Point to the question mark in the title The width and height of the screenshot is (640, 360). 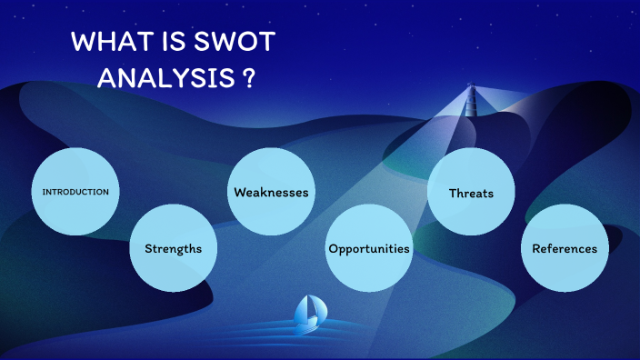click(x=248, y=77)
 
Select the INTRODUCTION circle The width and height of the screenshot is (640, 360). click(x=75, y=191)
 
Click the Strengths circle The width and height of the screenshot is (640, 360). click(x=173, y=247)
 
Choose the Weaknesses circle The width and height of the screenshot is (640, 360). click(x=271, y=191)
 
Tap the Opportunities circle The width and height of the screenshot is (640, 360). click(x=368, y=247)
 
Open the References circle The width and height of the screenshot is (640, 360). click(x=565, y=247)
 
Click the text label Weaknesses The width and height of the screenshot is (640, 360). click(x=271, y=193)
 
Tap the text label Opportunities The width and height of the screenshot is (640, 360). click(x=368, y=248)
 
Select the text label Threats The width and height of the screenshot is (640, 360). click(x=471, y=193)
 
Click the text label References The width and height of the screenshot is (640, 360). click(x=565, y=248)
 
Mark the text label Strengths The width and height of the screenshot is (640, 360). click(x=173, y=248)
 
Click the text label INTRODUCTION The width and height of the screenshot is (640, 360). click(x=75, y=192)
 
